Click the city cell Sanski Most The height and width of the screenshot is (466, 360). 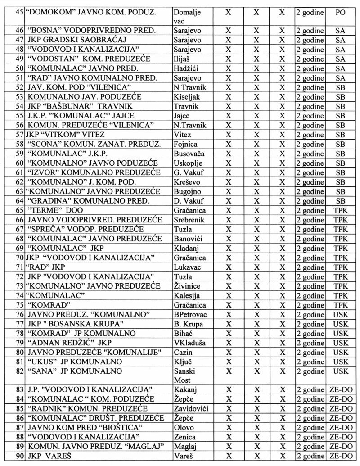pyautogui.click(x=183, y=376)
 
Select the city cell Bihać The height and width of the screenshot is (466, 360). pyautogui.click(x=183, y=334)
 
